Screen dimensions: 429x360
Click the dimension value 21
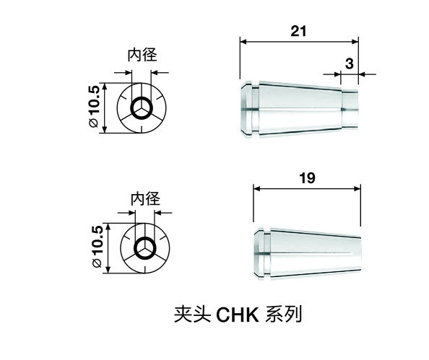[x=298, y=31]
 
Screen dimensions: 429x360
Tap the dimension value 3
[x=350, y=63]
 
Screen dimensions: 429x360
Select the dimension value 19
[x=307, y=178]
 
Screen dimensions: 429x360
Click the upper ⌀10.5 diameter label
[x=94, y=107]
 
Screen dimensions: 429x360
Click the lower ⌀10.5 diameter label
[x=97, y=246]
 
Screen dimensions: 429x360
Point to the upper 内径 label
[x=142, y=55]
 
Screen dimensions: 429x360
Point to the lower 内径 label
[x=145, y=198]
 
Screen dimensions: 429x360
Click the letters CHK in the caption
[x=238, y=315]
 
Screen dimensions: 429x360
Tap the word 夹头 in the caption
[x=192, y=315]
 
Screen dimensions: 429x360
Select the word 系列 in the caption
[x=284, y=315]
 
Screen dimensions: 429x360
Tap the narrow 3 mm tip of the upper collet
[x=350, y=110]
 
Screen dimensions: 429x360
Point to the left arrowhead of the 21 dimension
[x=243, y=42]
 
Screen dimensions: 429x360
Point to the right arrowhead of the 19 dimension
[x=357, y=188]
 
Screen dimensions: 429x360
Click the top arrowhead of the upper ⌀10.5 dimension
[x=105, y=86]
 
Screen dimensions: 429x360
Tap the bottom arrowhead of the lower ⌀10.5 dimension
[x=108, y=270]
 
